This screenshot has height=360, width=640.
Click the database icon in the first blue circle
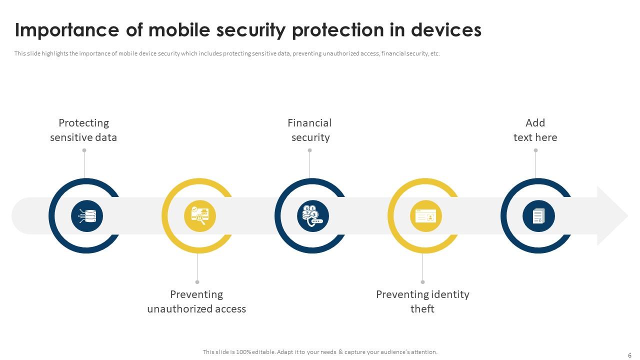pos(87,216)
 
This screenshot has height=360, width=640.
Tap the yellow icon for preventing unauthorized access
pos(200,216)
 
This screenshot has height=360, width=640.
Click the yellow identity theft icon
pos(426,216)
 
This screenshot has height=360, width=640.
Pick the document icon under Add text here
pos(538,216)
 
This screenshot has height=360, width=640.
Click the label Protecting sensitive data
pos(83,130)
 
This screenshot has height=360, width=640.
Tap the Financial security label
pos(310,130)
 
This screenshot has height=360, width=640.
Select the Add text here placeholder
pos(535,130)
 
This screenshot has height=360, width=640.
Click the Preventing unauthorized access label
pos(196,301)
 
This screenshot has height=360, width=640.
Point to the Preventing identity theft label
pos(422,301)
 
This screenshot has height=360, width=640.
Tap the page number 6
pos(629,355)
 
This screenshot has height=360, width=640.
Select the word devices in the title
pos(446,30)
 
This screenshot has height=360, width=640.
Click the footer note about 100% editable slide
pos(320,352)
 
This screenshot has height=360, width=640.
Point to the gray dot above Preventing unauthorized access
pos(197,282)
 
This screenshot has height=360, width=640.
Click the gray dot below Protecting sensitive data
pos(84,150)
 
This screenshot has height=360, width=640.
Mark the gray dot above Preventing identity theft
pos(423,282)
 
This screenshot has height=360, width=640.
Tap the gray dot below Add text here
pos(535,150)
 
